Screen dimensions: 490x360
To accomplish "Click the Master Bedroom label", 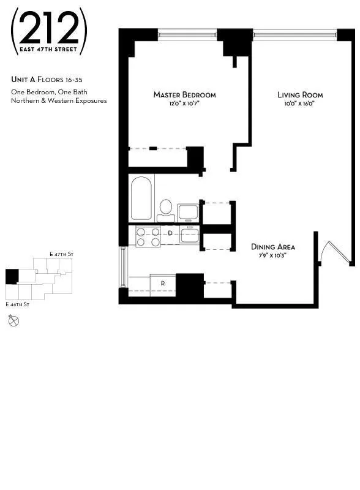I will (184, 95).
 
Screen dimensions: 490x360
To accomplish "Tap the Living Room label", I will (300, 95).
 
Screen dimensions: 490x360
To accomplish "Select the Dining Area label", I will (273, 247).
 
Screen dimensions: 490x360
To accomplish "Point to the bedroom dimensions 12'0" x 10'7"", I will (184, 104).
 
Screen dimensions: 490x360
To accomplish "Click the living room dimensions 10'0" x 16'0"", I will (300, 104).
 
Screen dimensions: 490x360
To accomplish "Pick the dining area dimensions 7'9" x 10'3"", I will (273, 255).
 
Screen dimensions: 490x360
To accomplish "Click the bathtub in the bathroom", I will (141, 198).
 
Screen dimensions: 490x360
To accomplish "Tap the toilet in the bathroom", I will (165, 208).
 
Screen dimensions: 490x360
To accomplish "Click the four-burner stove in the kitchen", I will (148, 236).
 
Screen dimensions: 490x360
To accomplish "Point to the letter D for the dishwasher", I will (171, 233).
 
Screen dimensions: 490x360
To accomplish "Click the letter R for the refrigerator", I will (162, 284).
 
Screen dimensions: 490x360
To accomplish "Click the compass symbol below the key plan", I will (13, 320).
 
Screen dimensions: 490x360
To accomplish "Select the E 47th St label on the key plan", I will (62, 254).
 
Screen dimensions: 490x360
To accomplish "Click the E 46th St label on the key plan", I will (18, 304).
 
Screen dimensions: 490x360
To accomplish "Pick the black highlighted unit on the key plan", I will (12, 276).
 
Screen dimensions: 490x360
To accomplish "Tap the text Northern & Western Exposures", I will (59, 100).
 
